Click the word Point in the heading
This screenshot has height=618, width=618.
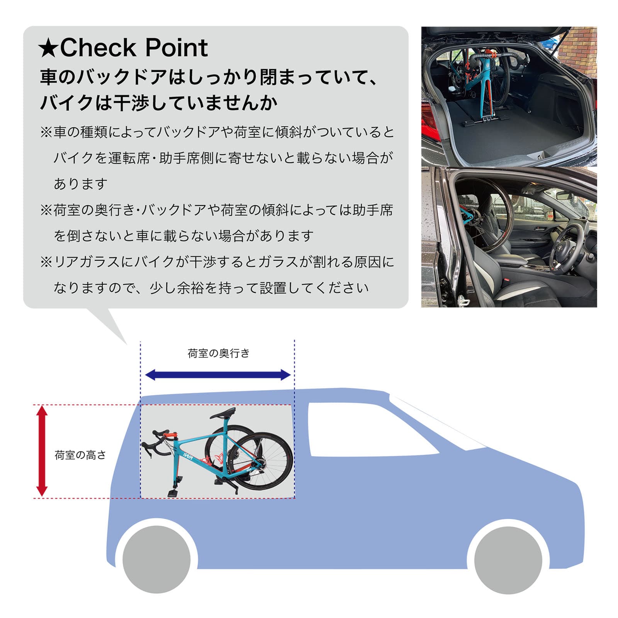pyautogui.click(x=177, y=48)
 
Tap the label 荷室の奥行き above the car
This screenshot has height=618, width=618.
pyautogui.click(x=219, y=353)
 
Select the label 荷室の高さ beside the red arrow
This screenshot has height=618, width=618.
pyautogui.click(x=80, y=455)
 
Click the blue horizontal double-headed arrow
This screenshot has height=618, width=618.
pyautogui.click(x=217, y=375)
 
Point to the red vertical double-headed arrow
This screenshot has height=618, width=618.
pyautogui.click(x=42, y=451)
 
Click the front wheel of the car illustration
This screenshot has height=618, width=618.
pyautogui.click(x=508, y=560)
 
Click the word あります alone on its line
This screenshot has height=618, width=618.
pyautogui.click(x=80, y=184)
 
